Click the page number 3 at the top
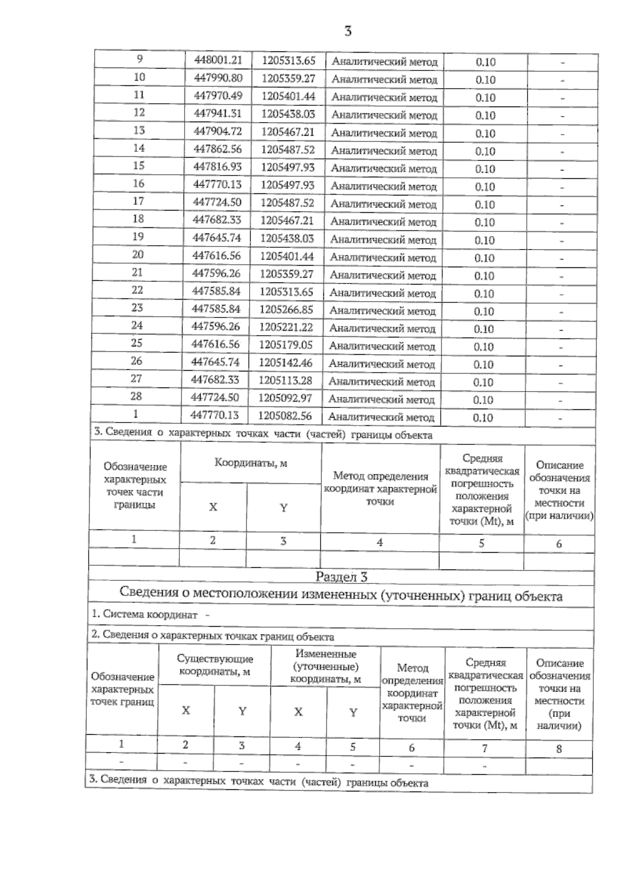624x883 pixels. tap(348, 31)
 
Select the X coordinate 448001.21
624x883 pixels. tap(218, 60)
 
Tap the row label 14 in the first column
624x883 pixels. tap(139, 148)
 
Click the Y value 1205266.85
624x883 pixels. tap(286, 310)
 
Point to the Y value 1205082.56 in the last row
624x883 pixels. tap(285, 416)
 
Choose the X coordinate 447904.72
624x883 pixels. tap(217, 131)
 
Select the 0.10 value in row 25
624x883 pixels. tap(484, 347)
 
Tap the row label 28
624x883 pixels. tap(136, 396)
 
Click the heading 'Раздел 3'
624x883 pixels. tap(341, 577)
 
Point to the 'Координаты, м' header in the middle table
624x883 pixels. tap(251, 463)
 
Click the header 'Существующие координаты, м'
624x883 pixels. tap(215, 665)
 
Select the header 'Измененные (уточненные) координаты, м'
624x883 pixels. tap(326, 667)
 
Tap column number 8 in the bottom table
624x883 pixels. tap(559, 749)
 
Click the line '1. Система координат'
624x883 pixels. tap(145, 615)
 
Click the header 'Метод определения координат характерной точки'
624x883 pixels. tap(380, 489)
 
